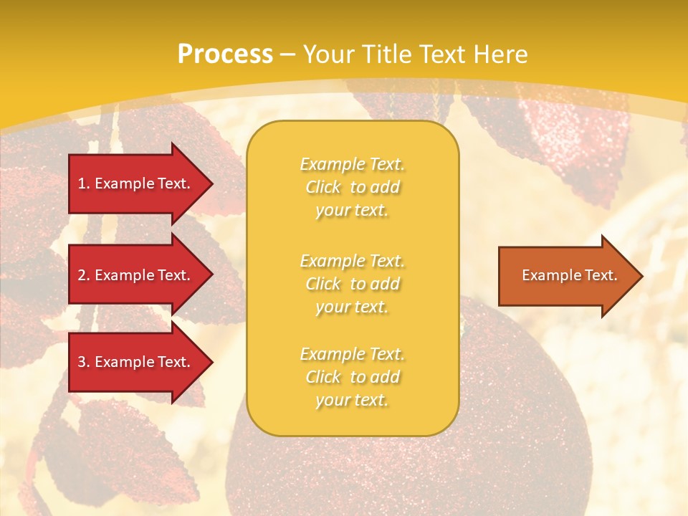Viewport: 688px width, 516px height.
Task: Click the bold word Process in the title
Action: coord(225,54)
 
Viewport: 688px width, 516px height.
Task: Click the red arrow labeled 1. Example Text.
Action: coord(134,183)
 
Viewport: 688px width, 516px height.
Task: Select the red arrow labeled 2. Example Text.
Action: coord(134,275)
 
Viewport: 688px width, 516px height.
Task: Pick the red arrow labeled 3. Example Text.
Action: coord(134,362)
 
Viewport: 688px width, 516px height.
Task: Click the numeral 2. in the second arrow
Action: coord(84,275)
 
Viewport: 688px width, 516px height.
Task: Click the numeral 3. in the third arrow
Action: coord(84,362)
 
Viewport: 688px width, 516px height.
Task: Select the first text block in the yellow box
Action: coord(352,187)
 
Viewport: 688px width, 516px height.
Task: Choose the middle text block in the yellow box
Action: coord(352,284)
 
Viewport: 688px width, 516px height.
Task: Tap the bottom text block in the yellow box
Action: coord(352,377)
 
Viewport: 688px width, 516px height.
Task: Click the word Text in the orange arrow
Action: coord(601,275)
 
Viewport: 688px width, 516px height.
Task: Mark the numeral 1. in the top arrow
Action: coord(84,183)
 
